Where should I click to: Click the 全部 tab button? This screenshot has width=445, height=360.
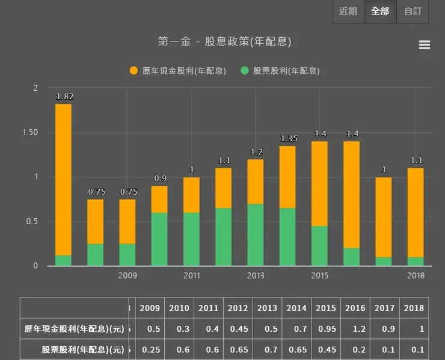click(x=380, y=11)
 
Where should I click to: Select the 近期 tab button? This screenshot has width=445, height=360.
click(x=348, y=11)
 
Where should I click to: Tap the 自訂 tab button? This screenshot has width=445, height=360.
click(x=413, y=11)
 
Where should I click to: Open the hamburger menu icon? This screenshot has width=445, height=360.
click(x=424, y=45)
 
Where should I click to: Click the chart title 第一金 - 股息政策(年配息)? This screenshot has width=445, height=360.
click(x=224, y=42)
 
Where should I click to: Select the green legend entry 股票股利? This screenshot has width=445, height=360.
click(x=280, y=70)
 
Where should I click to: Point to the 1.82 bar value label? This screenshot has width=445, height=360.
click(x=64, y=96)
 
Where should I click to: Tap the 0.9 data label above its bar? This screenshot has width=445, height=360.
click(x=160, y=178)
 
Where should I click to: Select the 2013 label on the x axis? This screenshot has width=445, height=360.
click(x=256, y=276)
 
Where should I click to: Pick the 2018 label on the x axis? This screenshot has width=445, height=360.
click(x=416, y=276)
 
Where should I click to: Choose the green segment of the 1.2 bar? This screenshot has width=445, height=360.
click(x=256, y=234)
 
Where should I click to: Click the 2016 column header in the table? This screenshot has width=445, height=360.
click(x=355, y=308)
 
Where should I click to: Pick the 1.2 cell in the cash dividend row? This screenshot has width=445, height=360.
click(x=355, y=329)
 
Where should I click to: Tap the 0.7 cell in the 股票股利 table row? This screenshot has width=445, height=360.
click(x=267, y=349)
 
